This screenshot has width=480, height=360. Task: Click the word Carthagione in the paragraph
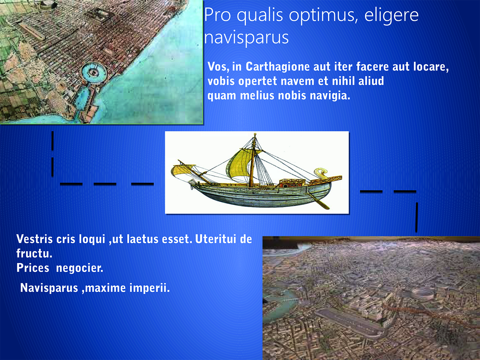[x=277, y=67]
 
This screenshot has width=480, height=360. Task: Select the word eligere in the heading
[x=391, y=15]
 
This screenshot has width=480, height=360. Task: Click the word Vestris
[x=34, y=239]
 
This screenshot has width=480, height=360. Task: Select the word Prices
[x=33, y=268]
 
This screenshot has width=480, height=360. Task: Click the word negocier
[x=80, y=268]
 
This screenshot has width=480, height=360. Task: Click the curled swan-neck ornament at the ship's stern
[x=320, y=173]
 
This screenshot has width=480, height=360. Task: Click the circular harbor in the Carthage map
[x=94, y=72]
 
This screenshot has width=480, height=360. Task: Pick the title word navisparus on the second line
[x=247, y=37]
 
